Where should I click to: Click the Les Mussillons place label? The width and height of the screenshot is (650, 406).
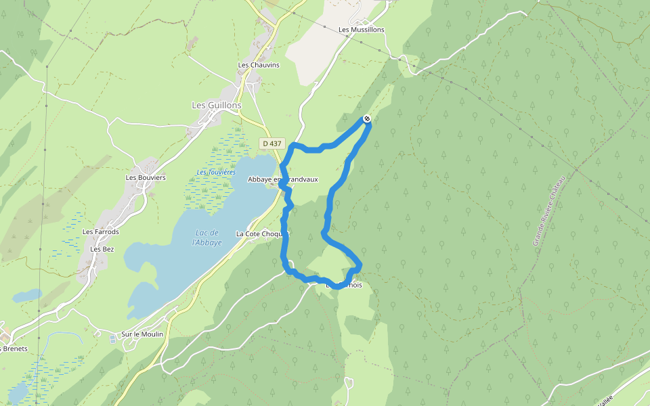pyautogui.click(x=362, y=30)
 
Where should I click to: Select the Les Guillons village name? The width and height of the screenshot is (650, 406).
pyautogui.click(x=217, y=106)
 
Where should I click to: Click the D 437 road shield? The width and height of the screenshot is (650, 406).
pyautogui.click(x=272, y=143)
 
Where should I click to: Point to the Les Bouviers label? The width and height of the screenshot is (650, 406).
pyautogui.click(x=146, y=178)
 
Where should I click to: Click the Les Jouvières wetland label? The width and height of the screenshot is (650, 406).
pyautogui.click(x=216, y=173)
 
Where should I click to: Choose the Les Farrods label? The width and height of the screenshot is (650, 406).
pyautogui.click(x=101, y=232)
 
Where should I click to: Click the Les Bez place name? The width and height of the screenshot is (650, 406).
pyautogui.click(x=102, y=249)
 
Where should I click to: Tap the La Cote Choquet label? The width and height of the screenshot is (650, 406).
pyautogui.click(x=262, y=233)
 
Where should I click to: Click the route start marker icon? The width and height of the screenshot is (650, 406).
pyautogui.click(x=367, y=119)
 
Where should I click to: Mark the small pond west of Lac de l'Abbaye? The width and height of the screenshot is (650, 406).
pyautogui.click(x=26, y=296)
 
